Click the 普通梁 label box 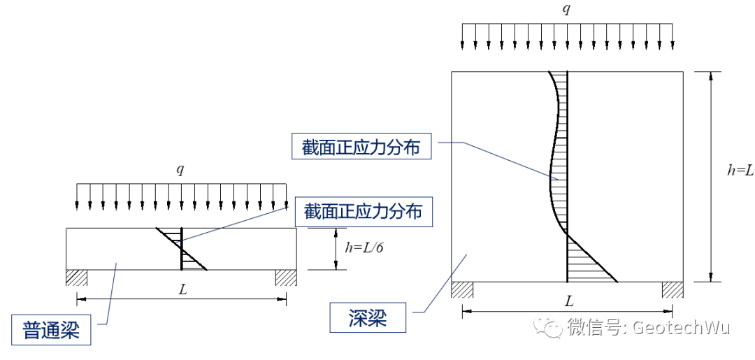[x=52, y=329]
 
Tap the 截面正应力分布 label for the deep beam [x=361, y=147]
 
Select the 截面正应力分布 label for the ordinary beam [x=364, y=210]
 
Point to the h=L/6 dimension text [x=364, y=246]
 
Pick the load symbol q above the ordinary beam [x=180, y=170]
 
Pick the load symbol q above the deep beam [x=568, y=8]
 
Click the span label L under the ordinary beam [x=182, y=289]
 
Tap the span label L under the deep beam [x=569, y=301]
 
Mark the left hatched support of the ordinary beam [x=76, y=278]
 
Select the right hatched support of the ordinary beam [x=286, y=278]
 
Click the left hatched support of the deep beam [x=462, y=289]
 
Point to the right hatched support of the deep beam [x=673, y=289]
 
